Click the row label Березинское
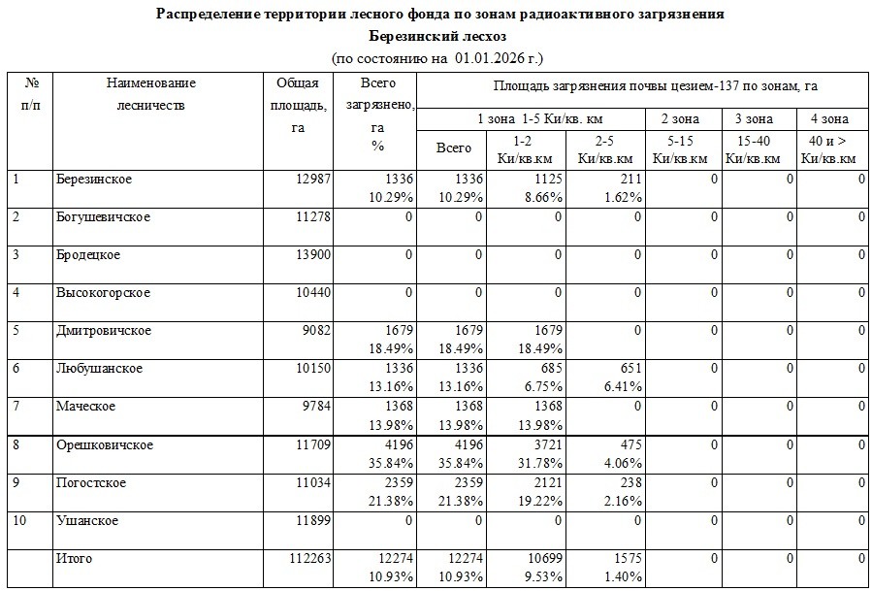point(94,180)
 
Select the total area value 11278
point(312,216)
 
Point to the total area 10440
point(312,293)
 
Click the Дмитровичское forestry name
point(104,331)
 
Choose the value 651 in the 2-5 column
point(628,369)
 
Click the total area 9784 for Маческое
point(316,407)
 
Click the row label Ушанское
point(87,521)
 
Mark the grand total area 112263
point(309,559)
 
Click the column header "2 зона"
point(680,119)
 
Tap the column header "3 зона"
point(754,119)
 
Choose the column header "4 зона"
point(829,119)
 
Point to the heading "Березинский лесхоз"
point(438,36)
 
